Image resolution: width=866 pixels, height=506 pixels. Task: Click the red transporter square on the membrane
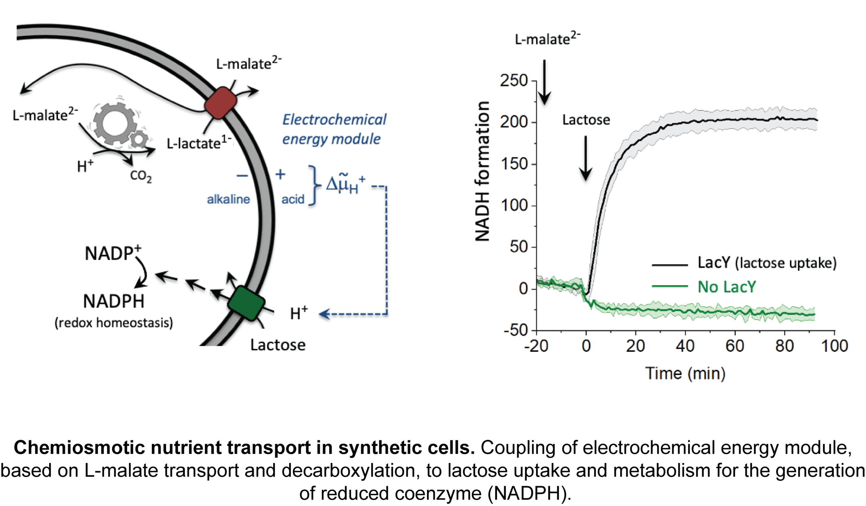(x=221, y=103)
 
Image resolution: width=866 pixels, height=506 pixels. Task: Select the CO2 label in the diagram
(x=140, y=176)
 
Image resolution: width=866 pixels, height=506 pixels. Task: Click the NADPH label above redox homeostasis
(x=114, y=302)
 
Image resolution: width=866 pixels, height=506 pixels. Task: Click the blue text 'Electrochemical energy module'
(x=334, y=129)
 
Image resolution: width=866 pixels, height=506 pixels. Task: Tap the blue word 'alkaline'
(x=228, y=199)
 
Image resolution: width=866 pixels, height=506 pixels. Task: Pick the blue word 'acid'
(x=293, y=199)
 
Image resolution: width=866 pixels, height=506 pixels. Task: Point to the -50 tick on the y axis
(x=516, y=330)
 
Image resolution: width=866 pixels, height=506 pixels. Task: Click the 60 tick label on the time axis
(x=735, y=346)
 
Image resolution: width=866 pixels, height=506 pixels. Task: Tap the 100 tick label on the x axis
(x=835, y=346)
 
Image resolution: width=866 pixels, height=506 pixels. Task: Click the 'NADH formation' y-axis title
(x=482, y=171)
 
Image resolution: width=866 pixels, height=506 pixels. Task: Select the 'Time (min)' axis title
(x=685, y=373)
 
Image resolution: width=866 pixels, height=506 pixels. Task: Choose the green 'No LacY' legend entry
(x=727, y=287)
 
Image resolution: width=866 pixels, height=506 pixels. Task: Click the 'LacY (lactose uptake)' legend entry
(x=766, y=263)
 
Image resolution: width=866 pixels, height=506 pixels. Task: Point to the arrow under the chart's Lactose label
(x=586, y=158)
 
